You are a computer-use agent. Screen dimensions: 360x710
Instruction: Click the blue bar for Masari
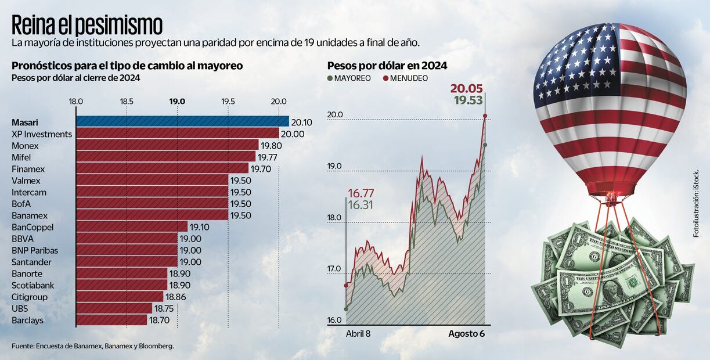(182, 121)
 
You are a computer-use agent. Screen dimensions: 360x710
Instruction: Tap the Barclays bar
(111, 320)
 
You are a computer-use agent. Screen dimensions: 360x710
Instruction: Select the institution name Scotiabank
(33, 285)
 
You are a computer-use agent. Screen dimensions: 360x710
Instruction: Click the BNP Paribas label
(35, 250)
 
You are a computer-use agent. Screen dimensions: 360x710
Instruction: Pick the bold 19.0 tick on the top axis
(177, 101)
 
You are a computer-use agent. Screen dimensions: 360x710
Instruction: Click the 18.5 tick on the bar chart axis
(127, 101)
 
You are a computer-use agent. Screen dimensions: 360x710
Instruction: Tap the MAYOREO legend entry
(349, 78)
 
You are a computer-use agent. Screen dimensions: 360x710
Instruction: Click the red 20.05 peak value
(468, 88)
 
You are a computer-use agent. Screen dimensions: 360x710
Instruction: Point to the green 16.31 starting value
(361, 204)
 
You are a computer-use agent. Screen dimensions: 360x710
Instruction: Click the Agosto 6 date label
(466, 334)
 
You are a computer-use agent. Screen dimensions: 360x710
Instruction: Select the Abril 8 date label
(358, 334)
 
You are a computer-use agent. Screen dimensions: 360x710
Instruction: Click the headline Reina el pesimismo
(87, 25)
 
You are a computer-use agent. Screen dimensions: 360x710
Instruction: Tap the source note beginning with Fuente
(93, 346)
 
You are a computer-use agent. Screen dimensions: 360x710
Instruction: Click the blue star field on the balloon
(575, 64)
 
